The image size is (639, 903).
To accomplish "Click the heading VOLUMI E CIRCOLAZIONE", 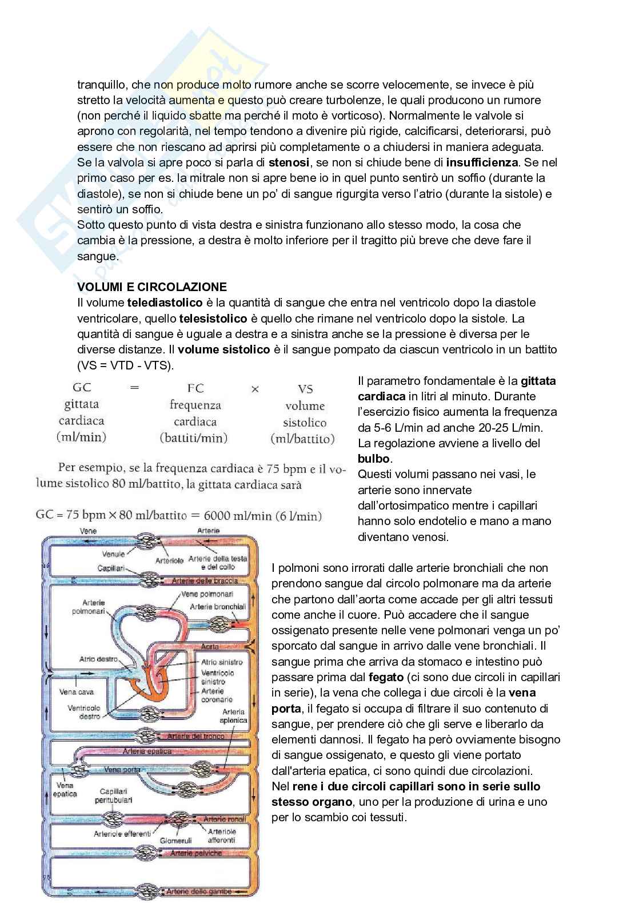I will (152, 287).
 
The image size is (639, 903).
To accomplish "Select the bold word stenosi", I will (289, 162).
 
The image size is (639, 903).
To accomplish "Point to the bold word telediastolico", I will (165, 303).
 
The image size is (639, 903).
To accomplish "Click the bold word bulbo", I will (374, 459).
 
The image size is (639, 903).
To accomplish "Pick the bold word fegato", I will (386, 677).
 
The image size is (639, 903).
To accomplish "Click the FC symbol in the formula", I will (195, 388).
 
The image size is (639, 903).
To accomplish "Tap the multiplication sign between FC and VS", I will (255, 389).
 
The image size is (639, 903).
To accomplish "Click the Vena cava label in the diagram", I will (77, 691).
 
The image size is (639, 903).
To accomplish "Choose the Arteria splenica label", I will (234, 717).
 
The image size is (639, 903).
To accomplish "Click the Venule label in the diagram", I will (113, 554).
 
